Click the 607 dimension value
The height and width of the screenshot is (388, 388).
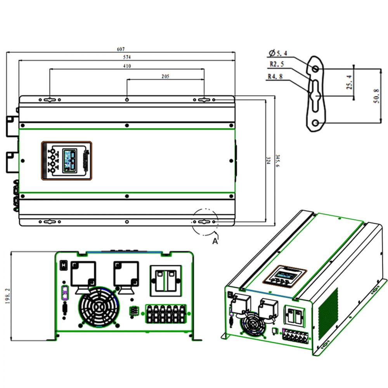[x=121, y=49]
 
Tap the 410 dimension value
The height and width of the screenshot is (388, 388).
[x=127, y=66]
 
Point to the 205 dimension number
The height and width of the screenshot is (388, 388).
[x=165, y=76]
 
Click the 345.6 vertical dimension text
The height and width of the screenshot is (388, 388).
[x=277, y=161]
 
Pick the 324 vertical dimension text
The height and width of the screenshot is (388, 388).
[x=268, y=161]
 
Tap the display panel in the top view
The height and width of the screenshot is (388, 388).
[x=67, y=160]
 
